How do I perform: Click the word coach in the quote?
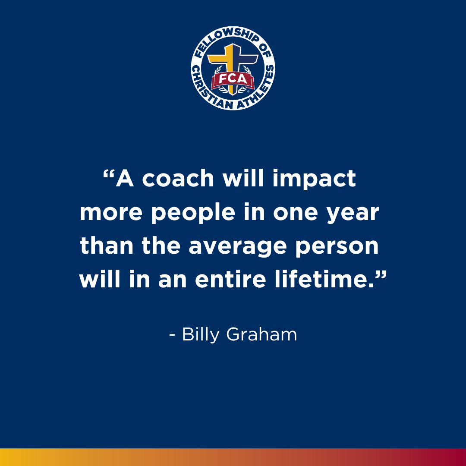178,178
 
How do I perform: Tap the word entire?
230,279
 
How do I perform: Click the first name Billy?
201,335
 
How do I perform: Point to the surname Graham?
261,334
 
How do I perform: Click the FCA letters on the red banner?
233,79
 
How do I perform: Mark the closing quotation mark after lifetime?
381,274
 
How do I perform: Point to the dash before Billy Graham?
172,335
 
